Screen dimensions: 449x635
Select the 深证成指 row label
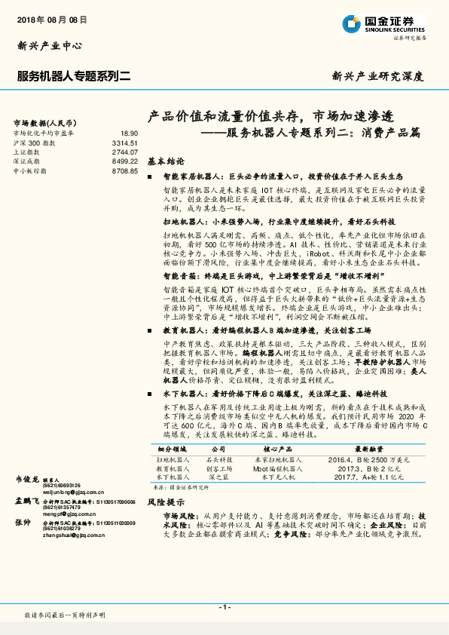[26, 161]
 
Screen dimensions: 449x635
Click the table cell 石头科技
[218, 459]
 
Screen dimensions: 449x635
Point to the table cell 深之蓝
[218, 477]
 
